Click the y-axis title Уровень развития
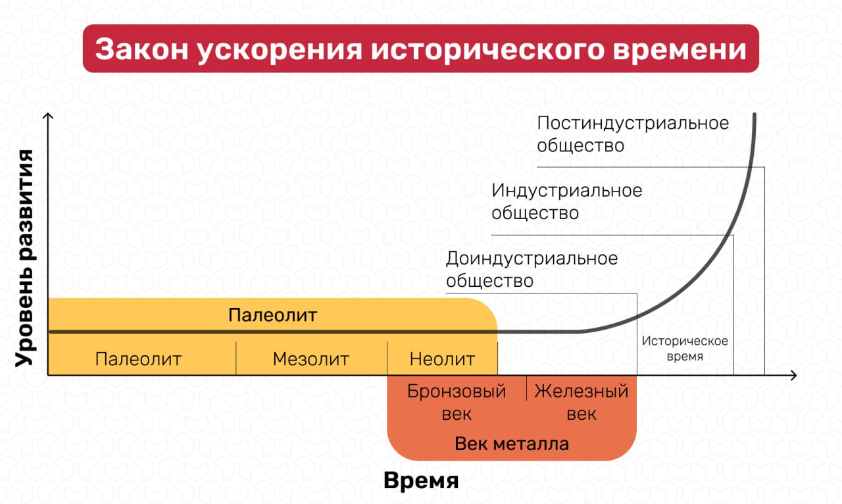(x=24, y=257)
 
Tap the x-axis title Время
(x=421, y=480)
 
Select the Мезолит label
(x=310, y=359)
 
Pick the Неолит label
(x=442, y=359)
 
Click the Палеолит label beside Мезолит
(x=138, y=359)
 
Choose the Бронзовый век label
(x=457, y=402)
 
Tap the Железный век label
(x=582, y=402)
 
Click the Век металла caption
(x=512, y=443)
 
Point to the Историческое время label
(x=685, y=349)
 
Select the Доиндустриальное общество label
(x=532, y=269)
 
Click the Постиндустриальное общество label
(x=633, y=134)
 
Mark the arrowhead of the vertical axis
(x=48, y=116)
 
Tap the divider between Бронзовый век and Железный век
(x=526, y=388)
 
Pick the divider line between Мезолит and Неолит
(x=387, y=359)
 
